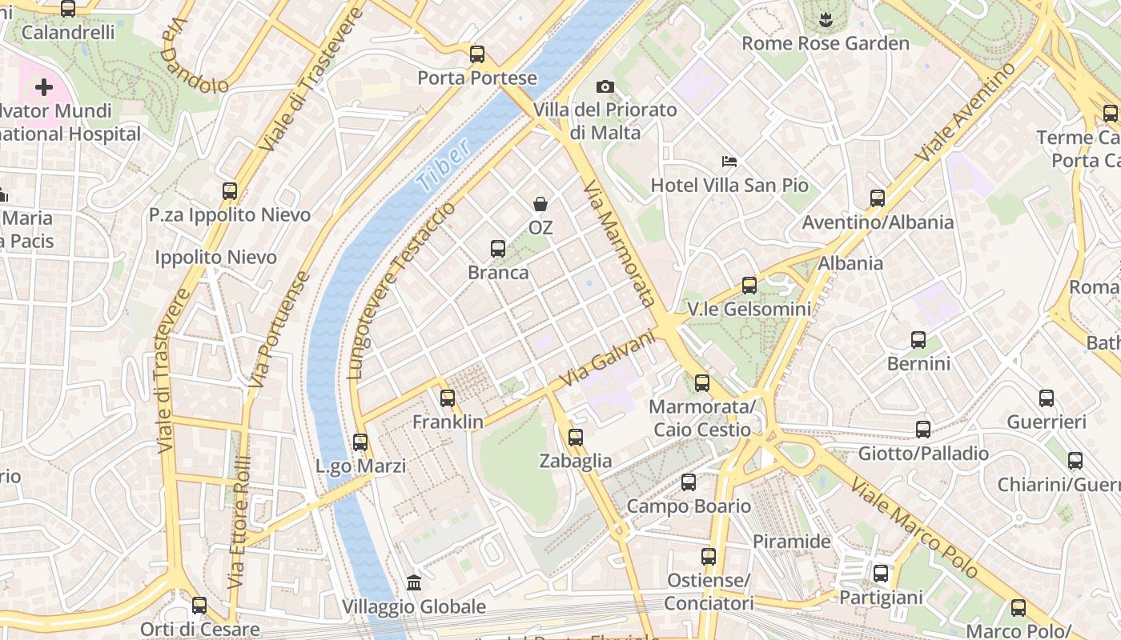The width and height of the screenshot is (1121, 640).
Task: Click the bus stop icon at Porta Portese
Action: tap(477, 54)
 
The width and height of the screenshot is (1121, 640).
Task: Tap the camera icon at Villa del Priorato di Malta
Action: tap(605, 86)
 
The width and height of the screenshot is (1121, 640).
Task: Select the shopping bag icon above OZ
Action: tap(540, 204)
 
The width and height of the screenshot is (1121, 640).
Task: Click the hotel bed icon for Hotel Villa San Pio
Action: tap(729, 162)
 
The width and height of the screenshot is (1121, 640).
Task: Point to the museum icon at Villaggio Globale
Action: tap(414, 582)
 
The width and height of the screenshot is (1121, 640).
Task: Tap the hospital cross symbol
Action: tap(44, 87)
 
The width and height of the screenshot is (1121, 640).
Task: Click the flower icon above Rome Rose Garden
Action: tap(826, 18)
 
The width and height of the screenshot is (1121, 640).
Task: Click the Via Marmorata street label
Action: tap(620, 243)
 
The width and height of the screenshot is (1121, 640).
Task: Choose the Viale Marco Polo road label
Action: tap(914, 527)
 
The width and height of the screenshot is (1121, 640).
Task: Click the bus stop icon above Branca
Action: tap(498, 249)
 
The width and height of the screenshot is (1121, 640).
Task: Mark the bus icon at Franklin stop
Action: tap(448, 398)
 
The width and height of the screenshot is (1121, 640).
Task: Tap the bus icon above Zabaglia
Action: tap(576, 438)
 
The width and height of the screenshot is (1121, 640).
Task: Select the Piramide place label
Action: tap(791, 542)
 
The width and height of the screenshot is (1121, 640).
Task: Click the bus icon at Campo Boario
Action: tap(689, 482)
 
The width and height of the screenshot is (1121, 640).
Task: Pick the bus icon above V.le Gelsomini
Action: tap(749, 285)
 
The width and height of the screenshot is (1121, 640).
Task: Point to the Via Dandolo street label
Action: tap(194, 57)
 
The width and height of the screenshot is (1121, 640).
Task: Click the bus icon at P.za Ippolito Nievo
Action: tap(230, 191)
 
